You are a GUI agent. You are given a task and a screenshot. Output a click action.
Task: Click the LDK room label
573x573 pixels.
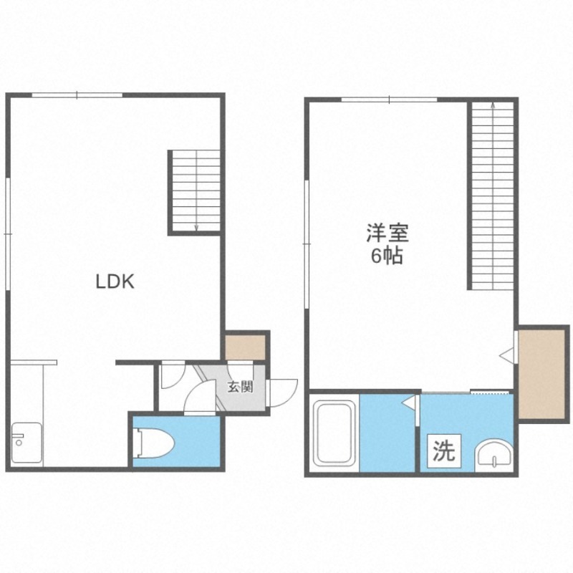115,281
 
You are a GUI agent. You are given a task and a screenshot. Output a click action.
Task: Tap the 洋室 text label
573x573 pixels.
387,233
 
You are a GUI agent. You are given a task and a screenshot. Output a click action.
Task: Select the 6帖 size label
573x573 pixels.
387,256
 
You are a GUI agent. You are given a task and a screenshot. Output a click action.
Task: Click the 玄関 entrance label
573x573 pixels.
240,387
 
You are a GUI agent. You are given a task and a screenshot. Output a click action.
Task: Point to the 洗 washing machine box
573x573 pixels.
444,451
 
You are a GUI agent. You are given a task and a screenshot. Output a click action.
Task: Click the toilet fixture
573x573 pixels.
154,443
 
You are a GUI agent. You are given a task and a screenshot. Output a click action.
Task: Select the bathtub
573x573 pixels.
335,433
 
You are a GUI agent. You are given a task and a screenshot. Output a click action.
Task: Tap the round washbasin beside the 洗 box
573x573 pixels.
494,454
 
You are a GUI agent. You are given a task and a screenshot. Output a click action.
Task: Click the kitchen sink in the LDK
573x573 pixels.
27,443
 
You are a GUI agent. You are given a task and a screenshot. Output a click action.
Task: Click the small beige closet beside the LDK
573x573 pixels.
245,347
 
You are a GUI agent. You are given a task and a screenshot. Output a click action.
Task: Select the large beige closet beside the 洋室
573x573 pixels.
542,374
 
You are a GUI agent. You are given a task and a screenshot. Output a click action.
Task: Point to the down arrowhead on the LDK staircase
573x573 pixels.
196,227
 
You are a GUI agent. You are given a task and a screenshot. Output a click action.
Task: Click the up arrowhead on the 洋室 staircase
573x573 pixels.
493,105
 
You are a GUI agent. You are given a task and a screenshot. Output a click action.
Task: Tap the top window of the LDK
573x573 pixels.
77,95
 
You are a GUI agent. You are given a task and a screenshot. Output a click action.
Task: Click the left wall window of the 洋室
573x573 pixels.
307,244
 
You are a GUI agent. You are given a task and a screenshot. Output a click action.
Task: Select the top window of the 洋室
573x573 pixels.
390,100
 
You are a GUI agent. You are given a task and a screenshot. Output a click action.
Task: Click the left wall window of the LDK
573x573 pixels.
8,234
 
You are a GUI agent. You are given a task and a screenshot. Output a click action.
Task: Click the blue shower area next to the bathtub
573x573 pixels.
387,433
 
